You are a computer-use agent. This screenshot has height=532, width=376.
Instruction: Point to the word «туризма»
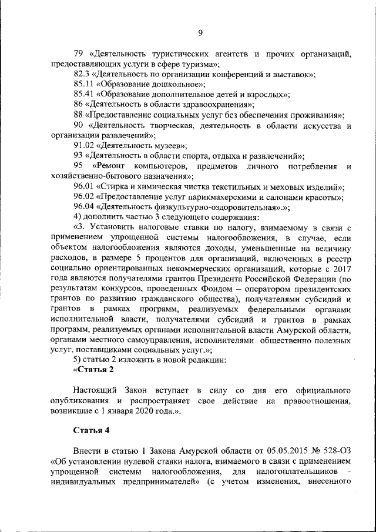tap(200, 64)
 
